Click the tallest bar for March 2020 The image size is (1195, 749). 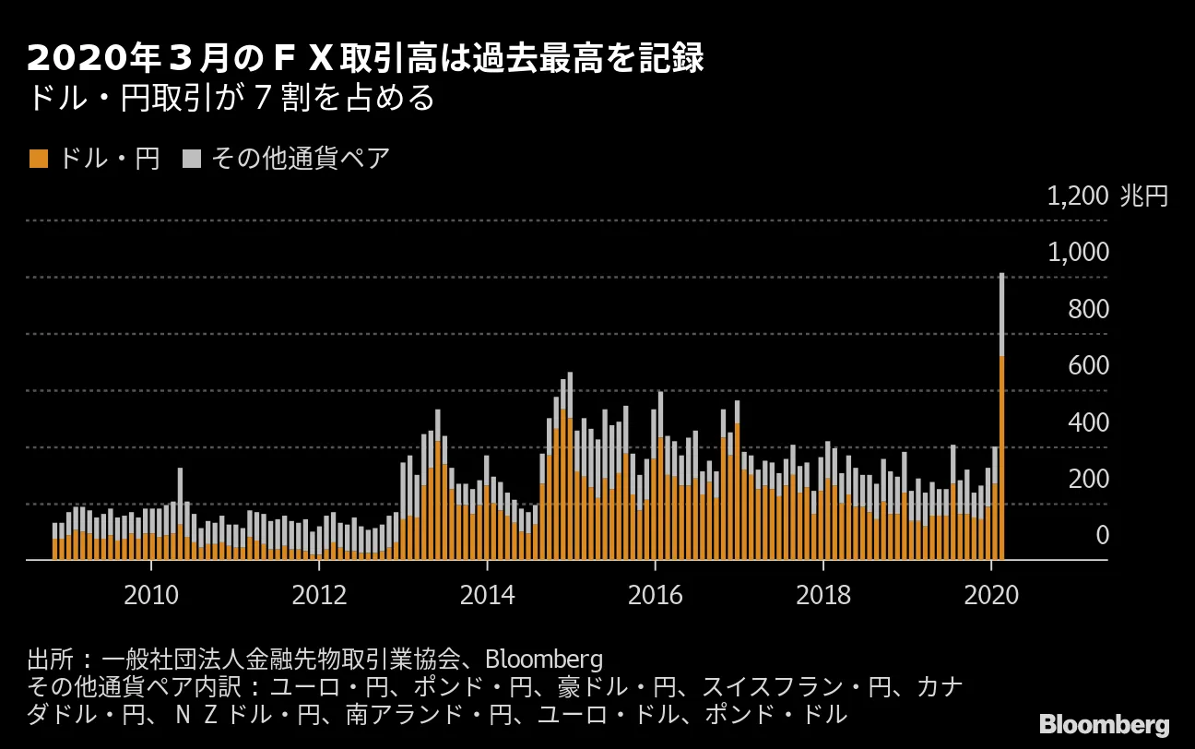(1001, 415)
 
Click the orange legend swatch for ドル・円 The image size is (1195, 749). (38, 159)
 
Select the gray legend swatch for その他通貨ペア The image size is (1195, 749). (191, 159)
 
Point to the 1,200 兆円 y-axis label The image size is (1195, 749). (1107, 196)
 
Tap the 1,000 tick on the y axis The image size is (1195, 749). (1079, 253)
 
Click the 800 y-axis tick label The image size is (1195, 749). (1088, 310)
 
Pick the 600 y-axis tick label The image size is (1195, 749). (1088, 366)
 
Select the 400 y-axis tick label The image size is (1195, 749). (1088, 423)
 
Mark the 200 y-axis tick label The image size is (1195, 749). (1088, 480)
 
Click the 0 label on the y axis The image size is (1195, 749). (1102, 536)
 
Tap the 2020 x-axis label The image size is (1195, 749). (991, 594)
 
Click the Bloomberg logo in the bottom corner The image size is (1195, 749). (1104, 724)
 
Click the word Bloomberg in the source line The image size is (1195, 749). (543, 660)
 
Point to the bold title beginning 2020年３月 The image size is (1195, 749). (366, 59)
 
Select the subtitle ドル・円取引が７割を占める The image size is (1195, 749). (231, 99)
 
